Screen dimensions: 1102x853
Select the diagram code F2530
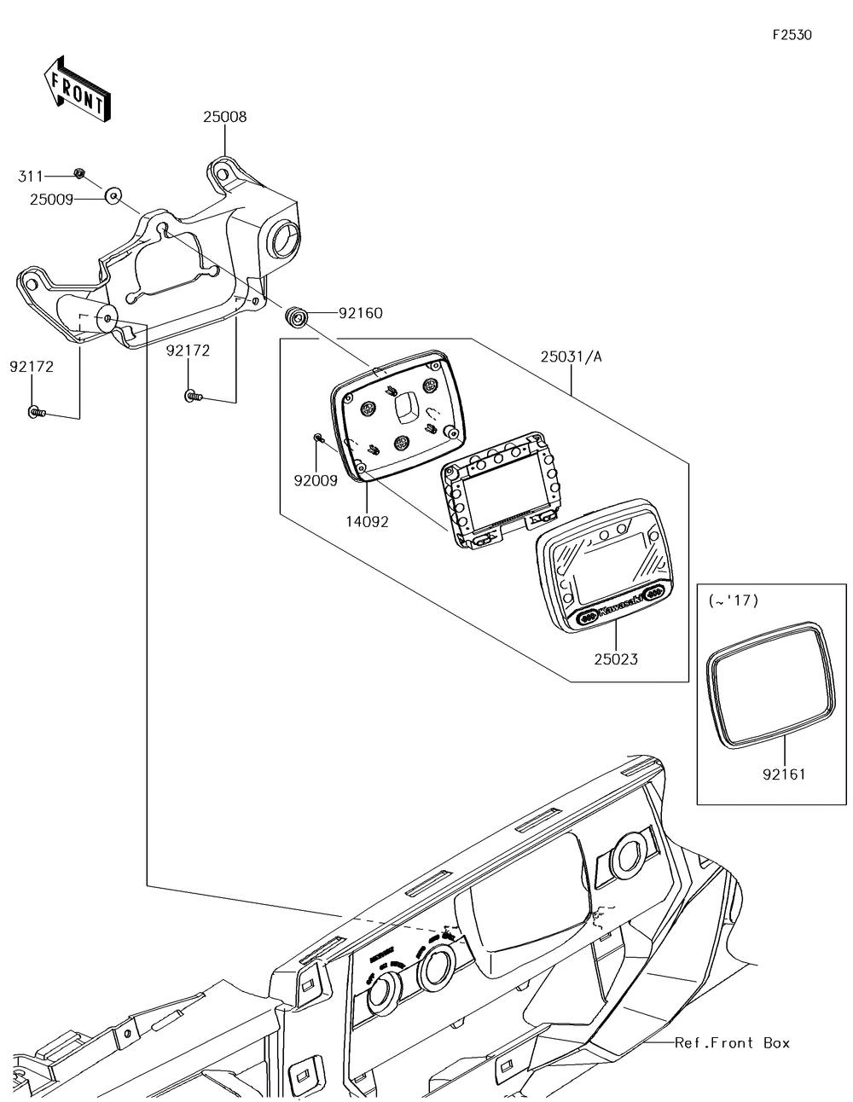point(792,35)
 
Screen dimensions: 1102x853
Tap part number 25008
point(224,117)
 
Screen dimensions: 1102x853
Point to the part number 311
point(31,176)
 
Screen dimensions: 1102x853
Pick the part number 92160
point(360,313)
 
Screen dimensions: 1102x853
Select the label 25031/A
point(571,357)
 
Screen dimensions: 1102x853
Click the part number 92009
point(316,480)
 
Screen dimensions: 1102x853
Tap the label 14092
point(367,521)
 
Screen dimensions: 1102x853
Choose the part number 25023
point(616,658)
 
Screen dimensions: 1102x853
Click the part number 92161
point(784,774)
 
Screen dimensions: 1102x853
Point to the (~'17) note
point(733,600)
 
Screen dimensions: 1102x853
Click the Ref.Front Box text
point(732,1042)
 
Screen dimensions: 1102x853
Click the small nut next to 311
point(78,174)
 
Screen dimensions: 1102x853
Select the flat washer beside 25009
point(113,196)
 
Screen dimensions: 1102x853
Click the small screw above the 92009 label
point(317,438)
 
